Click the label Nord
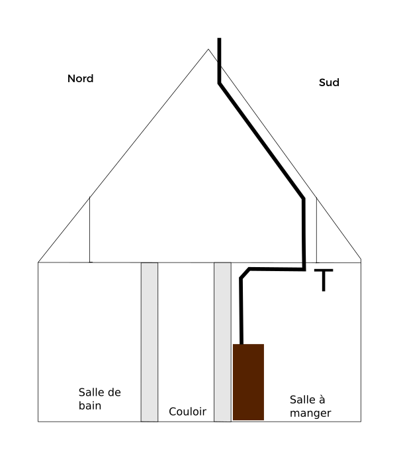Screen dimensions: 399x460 (80, 79)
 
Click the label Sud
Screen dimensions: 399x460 (329, 82)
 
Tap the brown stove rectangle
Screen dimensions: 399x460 (248, 382)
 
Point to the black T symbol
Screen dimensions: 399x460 (324, 280)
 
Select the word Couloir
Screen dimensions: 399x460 (187, 412)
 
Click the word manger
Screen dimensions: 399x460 (310, 414)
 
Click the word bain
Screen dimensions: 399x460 (90, 406)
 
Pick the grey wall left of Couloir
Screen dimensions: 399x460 (150, 342)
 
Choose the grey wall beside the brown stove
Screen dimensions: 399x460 (222, 342)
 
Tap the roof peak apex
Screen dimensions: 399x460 (208, 49)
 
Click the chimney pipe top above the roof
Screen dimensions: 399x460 (219, 38)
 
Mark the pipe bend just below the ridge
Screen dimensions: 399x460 (220, 84)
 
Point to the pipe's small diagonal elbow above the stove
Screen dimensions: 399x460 (245, 273)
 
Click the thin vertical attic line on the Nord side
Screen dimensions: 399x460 (89, 230)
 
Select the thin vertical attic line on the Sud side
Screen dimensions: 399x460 (316, 230)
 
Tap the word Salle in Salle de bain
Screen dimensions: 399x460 (88, 392)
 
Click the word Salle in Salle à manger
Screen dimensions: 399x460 (299, 400)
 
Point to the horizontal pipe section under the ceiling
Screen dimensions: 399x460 (277, 269)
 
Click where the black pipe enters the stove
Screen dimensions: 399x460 (242, 344)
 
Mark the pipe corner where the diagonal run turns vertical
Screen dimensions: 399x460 (304, 199)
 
